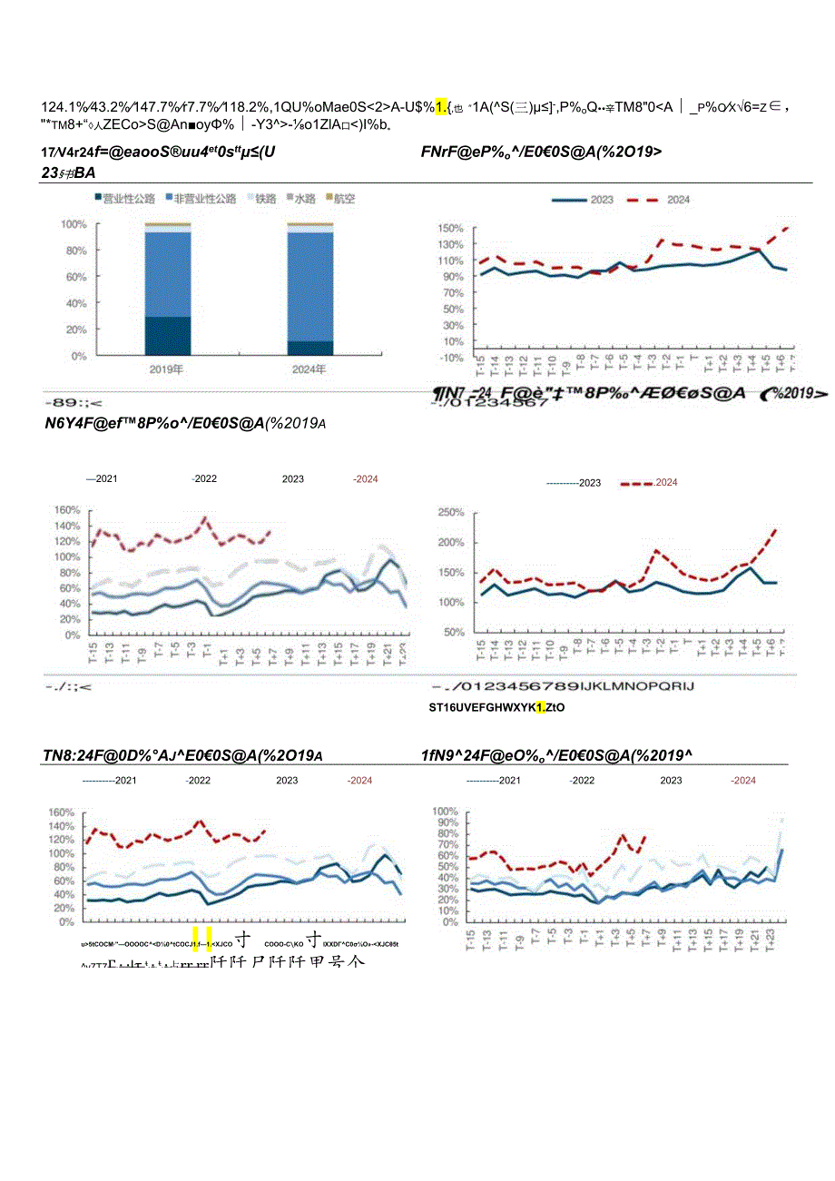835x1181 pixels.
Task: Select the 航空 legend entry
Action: pos(341,198)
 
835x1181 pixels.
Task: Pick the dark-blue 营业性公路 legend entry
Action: pos(125,198)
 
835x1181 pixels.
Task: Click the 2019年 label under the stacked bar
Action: pos(167,369)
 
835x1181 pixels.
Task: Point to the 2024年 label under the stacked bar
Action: pos(310,369)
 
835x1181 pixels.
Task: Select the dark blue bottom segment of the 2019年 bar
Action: pos(168,335)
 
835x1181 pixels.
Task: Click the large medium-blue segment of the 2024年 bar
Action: pos(310,286)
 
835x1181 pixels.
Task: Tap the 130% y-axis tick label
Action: pos(452,243)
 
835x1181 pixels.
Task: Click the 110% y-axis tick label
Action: pos(452,260)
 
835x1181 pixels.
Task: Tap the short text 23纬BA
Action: pos(69,172)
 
